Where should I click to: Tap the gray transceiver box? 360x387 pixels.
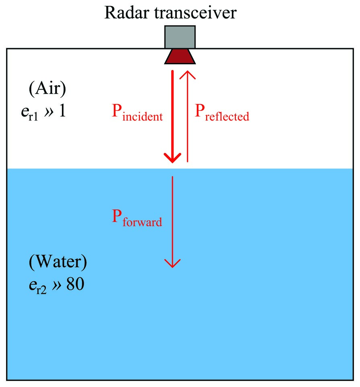pos(180,37)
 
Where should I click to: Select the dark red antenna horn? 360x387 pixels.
pos(180,56)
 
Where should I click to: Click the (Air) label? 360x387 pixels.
pos(47,88)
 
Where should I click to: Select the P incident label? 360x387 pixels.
pos(137,113)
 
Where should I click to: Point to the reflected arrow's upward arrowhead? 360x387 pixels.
pos(187,75)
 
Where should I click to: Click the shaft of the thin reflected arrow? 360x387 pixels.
pos(187,121)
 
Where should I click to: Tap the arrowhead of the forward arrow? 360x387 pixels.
pos(173,263)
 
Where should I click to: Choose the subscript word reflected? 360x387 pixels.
pos(227,117)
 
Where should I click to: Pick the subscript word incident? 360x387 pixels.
pos(143,117)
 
